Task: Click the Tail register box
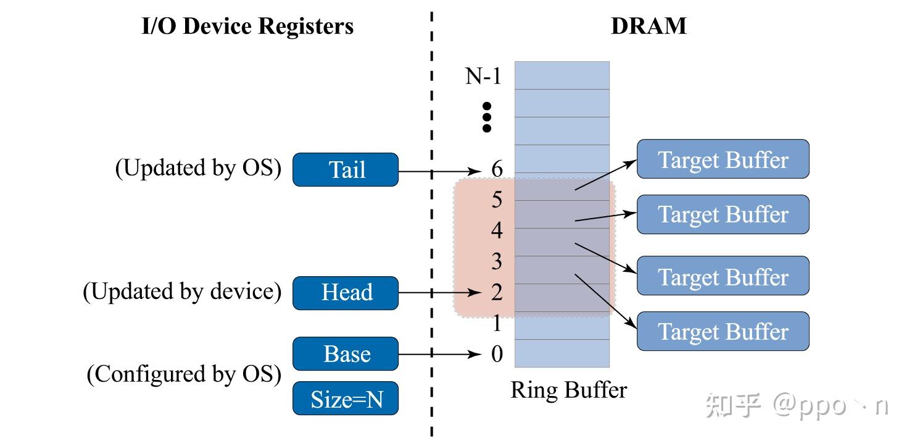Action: pos(346,170)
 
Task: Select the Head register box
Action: pos(346,293)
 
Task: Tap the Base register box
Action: pos(346,353)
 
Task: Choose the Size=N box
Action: pos(346,398)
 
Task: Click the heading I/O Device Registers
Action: pos(247,27)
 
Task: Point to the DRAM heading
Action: pos(649,26)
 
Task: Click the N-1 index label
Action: pos(483,76)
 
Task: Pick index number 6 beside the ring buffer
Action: pos(497,169)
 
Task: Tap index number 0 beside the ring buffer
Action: pos(497,354)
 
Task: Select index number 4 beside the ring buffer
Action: pos(497,230)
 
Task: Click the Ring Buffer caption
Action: pos(569,390)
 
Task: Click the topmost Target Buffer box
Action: pos(723,159)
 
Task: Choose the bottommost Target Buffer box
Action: pos(723,331)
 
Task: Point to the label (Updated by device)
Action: pos(182,292)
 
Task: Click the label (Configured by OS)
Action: pos(184,374)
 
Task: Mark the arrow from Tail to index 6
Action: pos(440,171)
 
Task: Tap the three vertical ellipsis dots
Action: pos(486,117)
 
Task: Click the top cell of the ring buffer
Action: pos(562,75)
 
